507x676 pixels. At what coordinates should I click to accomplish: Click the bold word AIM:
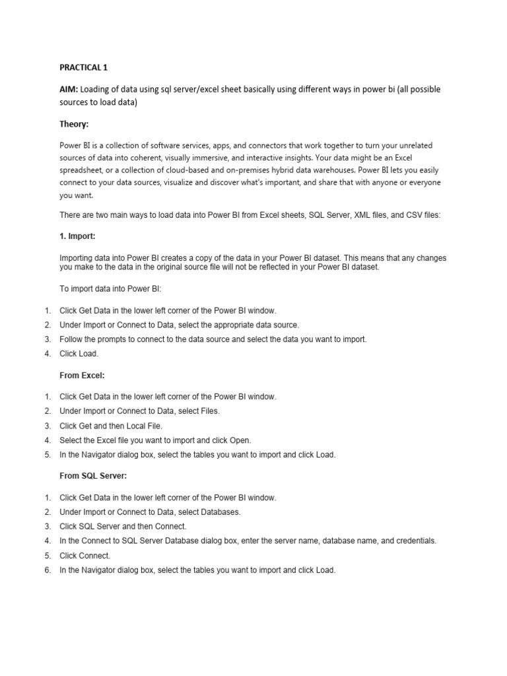[x=70, y=89]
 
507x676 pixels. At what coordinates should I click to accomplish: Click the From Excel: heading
[x=83, y=375]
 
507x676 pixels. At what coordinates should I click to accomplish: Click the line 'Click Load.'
[x=79, y=353]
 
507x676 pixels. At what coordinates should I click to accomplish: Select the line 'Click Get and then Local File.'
[x=111, y=425]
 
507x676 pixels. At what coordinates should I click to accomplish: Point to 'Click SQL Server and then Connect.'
[x=123, y=526]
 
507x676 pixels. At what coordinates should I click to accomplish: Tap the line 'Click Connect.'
[x=85, y=555]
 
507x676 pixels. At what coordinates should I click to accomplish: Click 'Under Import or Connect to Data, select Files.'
[x=139, y=411]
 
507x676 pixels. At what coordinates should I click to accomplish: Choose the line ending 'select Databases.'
[x=150, y=512]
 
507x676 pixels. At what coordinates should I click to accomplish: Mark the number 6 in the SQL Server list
[x=48, y=570]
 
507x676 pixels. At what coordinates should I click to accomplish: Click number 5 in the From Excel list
[x=48, y=454]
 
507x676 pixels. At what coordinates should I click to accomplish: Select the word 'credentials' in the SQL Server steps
[x=413, y=541]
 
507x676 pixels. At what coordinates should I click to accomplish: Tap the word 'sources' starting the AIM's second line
[x=74, y=103]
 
